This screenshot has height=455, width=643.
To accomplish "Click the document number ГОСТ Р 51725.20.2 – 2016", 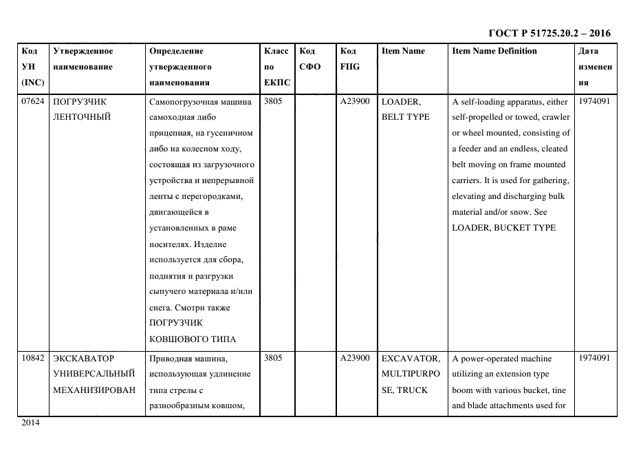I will [x=549, y=33].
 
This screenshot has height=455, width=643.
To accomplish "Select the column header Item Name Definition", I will [x=494, y=51].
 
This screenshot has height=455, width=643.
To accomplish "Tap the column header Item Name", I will [x=403, y=51].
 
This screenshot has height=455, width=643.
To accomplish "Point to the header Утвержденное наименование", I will [x=83, y=59].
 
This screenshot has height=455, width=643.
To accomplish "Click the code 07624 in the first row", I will [x=33, y=101].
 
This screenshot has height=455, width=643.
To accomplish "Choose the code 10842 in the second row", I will [x=33, y=359].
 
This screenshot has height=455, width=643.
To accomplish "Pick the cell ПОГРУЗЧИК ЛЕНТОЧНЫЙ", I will [x=81, y=109].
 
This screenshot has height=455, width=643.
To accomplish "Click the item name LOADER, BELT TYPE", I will [x=405, y=109].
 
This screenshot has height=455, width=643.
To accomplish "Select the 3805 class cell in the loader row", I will [x=273, y=101].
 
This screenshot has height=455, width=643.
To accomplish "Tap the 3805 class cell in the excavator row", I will [x=273, y=359].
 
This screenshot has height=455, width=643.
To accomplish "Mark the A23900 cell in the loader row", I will [x=355, y=101].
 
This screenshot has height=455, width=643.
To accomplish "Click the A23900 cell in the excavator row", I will [x=355, y=359].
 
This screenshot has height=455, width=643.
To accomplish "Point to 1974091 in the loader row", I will [x=595, y=101].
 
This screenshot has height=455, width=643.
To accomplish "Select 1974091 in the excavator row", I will [x=595, y=359].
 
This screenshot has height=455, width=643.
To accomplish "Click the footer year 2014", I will [x=31, y=423].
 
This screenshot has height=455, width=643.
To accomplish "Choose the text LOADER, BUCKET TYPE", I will [x=503, y=228].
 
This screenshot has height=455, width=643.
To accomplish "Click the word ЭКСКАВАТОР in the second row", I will [x=83, y=359].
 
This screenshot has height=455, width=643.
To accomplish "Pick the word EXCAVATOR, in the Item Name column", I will [x=411, y=359].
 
